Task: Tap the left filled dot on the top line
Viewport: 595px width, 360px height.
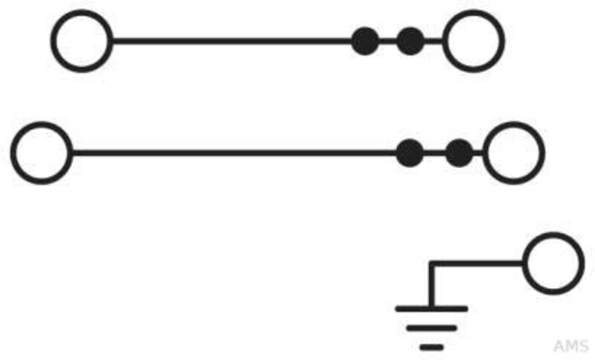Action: tap(365, 41)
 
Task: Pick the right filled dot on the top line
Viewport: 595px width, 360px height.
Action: tap(411, 41)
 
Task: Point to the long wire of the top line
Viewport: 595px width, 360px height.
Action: tap(232, 41)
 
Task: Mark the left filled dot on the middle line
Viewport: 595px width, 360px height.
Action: tap(410, 153)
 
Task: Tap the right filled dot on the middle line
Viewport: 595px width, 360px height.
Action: tap(460, 153)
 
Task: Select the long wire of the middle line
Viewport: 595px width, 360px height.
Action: tap(234, 153)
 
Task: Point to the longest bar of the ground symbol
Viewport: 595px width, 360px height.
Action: tap(431, 309)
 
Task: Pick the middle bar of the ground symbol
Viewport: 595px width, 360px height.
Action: tap(431, 328)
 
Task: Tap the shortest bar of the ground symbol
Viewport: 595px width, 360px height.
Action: tap(431, 347)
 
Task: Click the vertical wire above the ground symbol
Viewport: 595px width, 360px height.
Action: tap(431, 285)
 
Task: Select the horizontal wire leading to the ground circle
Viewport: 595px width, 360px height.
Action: tap(476, 263)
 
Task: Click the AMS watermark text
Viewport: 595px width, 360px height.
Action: tap(570, 346)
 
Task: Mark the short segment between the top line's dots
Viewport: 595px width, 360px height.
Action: tap(387, 41)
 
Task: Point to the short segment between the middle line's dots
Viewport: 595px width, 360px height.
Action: tap(434, 153)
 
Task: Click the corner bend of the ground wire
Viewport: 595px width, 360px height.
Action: tap(431, 263)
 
